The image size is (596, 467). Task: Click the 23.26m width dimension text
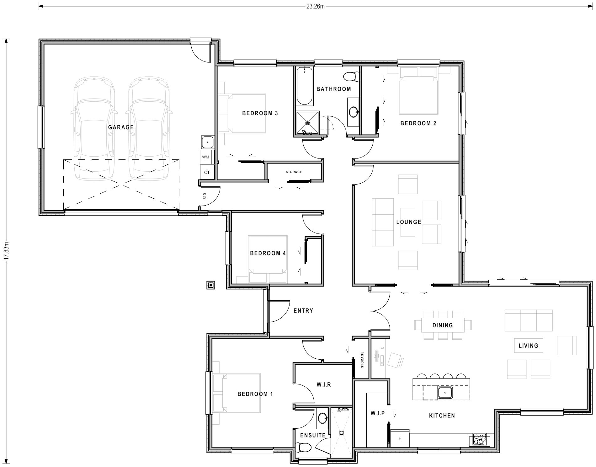pyautogui.click(x=315, y=6)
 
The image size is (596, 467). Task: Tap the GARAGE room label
pyautogui.click(x=121, y=127)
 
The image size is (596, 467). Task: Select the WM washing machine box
pyautogui.click(x=206, y=157)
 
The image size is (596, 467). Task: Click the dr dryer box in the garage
pyautogui.click(x=207, y=172)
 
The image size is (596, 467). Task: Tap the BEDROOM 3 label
pyautogui.click(x=260, y=113)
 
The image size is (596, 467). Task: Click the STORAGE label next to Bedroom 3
pyautogui.click(x=294, y=172)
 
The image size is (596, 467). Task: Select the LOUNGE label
pyautogui.click(x=409, y=222)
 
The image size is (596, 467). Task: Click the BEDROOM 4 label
pyautogui.click(x=268, y=253)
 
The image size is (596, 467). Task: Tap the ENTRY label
pyautogui.click(x=303, y=311)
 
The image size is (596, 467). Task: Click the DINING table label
pyautogui.click(x=443, y=325)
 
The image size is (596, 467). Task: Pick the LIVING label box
pyautogui.click(x=528, y=346)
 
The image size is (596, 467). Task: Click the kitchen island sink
pyautogui.click(x=445, y=393)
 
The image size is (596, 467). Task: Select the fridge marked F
pyautogui.click(x=400, y=438)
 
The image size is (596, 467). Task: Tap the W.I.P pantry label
pyautogui.click(x=377, y=413)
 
